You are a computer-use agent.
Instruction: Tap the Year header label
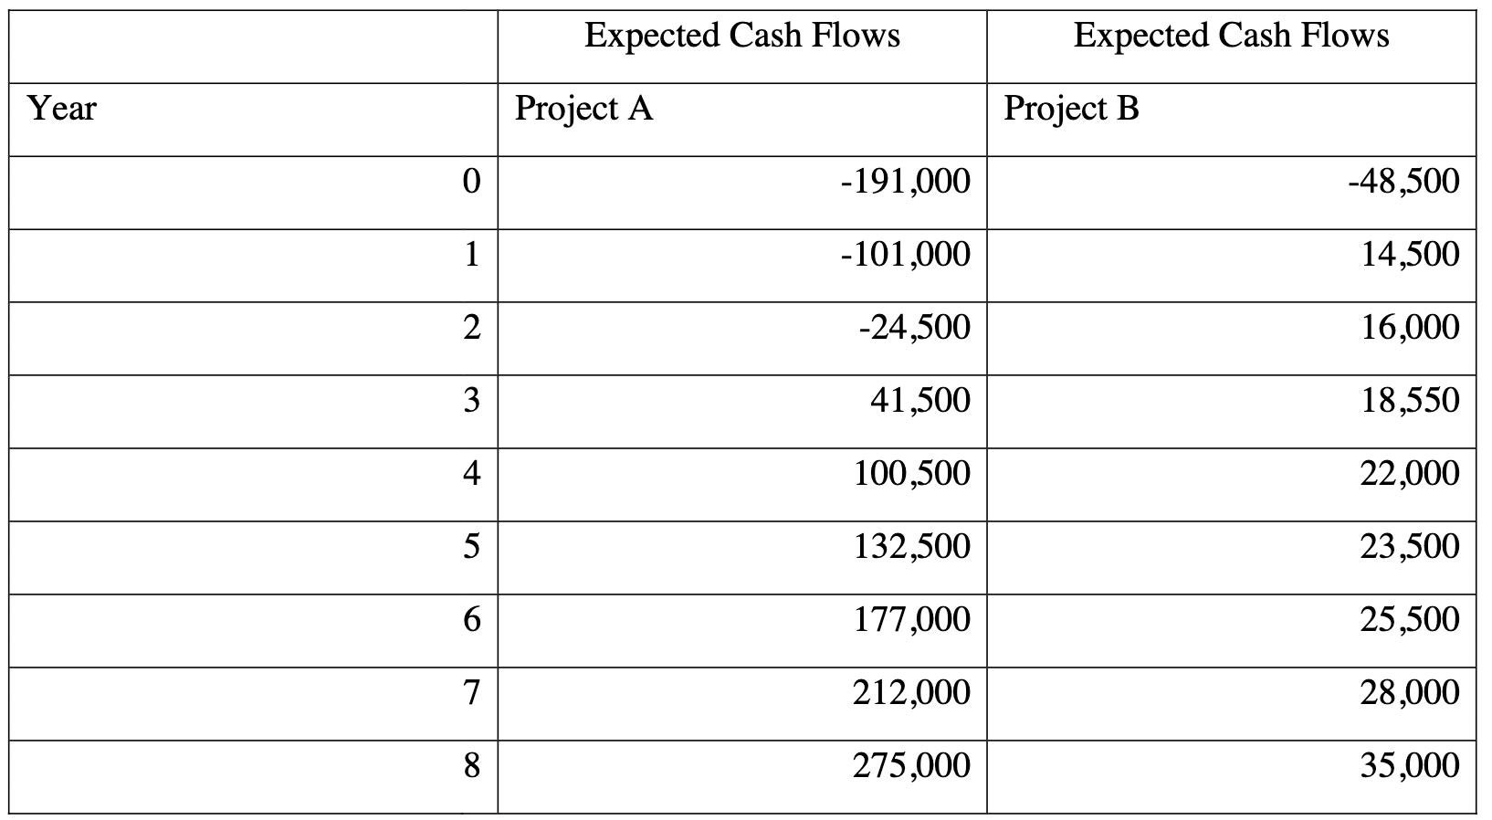pos(62,109)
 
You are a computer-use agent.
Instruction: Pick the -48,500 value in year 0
pos(1403,182)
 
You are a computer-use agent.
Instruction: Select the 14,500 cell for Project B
pos(1410,254)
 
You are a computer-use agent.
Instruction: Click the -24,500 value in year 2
pos(914,327)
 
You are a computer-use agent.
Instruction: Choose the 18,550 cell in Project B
pos(1410,400)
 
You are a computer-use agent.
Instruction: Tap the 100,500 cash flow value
pos(911,473)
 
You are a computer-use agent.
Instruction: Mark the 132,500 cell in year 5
pos(911,546)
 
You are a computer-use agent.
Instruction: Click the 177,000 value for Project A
pos(911,619)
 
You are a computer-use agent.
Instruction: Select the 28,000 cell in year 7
pos(1409,692)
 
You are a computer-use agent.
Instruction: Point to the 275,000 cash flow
pos(911,765)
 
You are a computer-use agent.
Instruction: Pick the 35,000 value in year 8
pos(1409,765)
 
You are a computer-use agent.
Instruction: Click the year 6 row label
pos(470,620)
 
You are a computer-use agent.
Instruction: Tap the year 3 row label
pos(470,401)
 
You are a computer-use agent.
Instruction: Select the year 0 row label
pos(470,182)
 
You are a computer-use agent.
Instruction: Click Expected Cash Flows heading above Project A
pos(741,36)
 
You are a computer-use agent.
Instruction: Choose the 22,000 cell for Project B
pos(1409,473)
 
